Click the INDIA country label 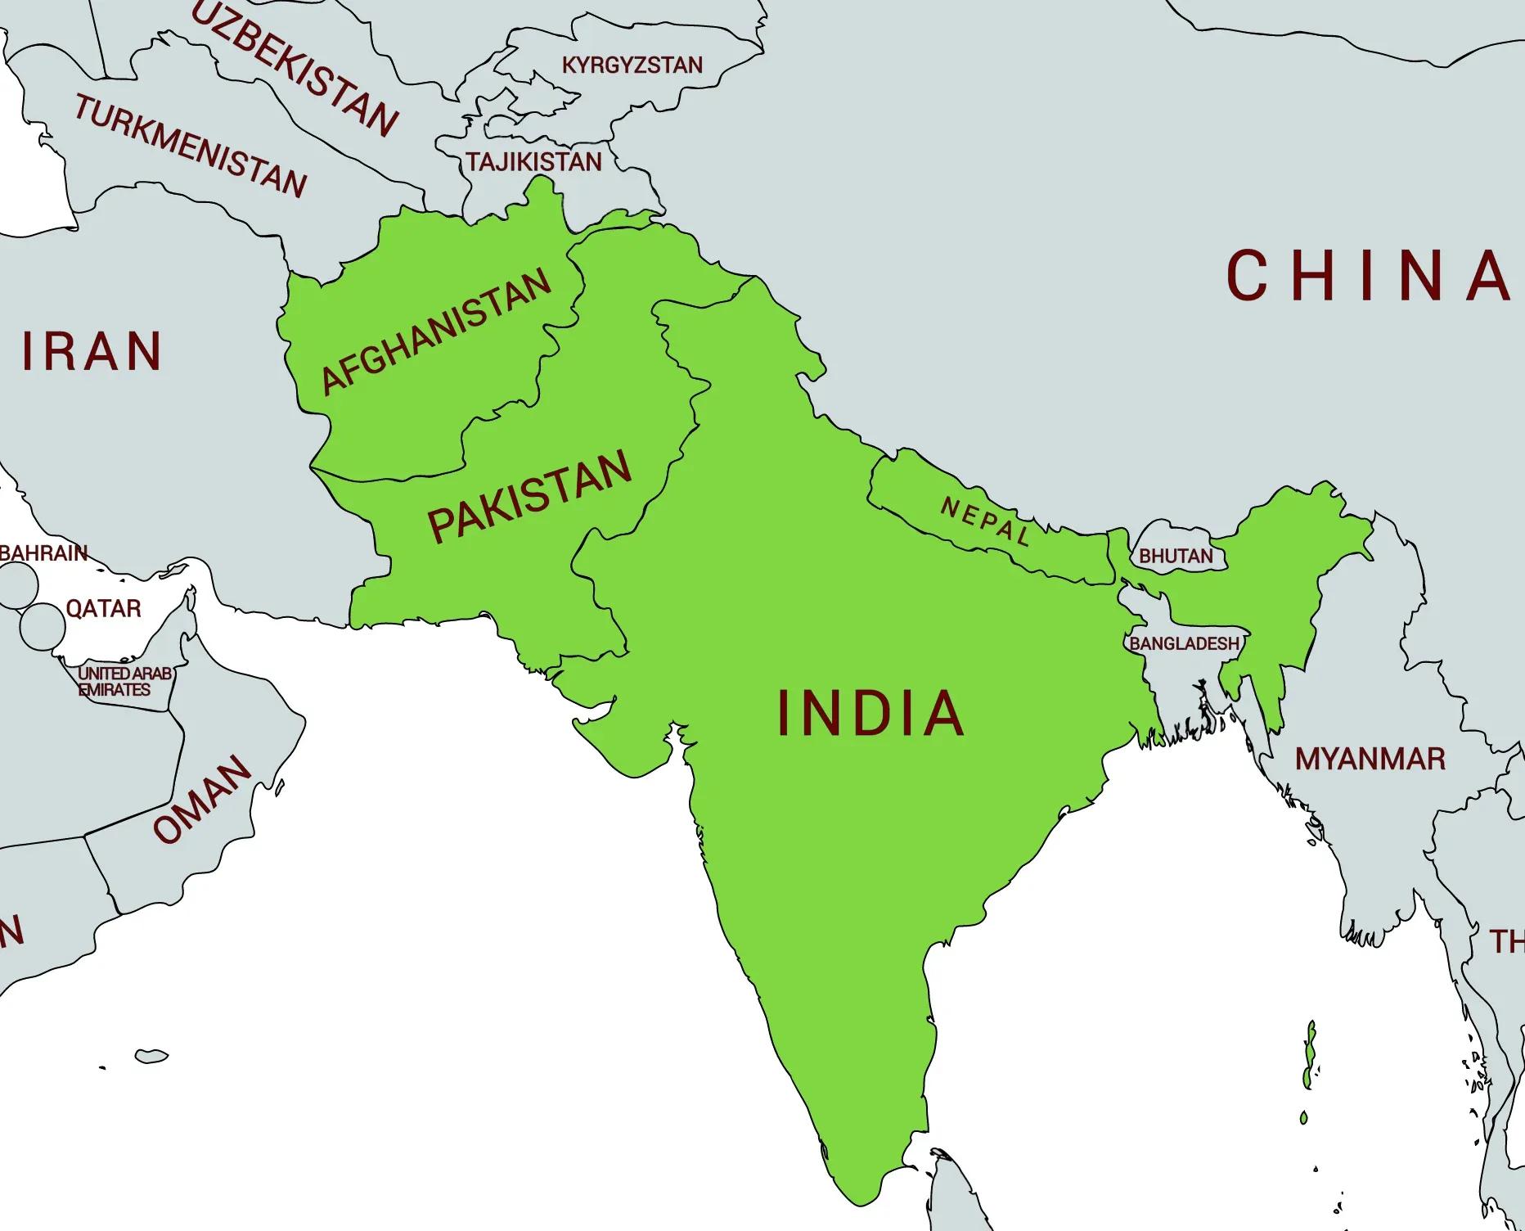(x=870, y=713)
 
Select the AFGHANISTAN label (x=436, y=331)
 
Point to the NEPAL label (x=985, y=521)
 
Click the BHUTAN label (x=1176, y=556)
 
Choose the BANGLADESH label (x=1184, y=644)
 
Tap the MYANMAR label (x=1370, y=760)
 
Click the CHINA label (x=1367, y=276)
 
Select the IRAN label (x=92, y=352)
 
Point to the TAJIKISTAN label (x=534, y=162)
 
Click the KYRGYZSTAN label (x=632, y=65)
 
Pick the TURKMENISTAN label (x=191, y=146)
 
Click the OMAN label (x=202, y=799)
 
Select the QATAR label (x=103, y=608)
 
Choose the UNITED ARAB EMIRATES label (x=124, y=681)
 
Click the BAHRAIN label (x=43, y=553)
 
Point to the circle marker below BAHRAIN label (x=16, y=585)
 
